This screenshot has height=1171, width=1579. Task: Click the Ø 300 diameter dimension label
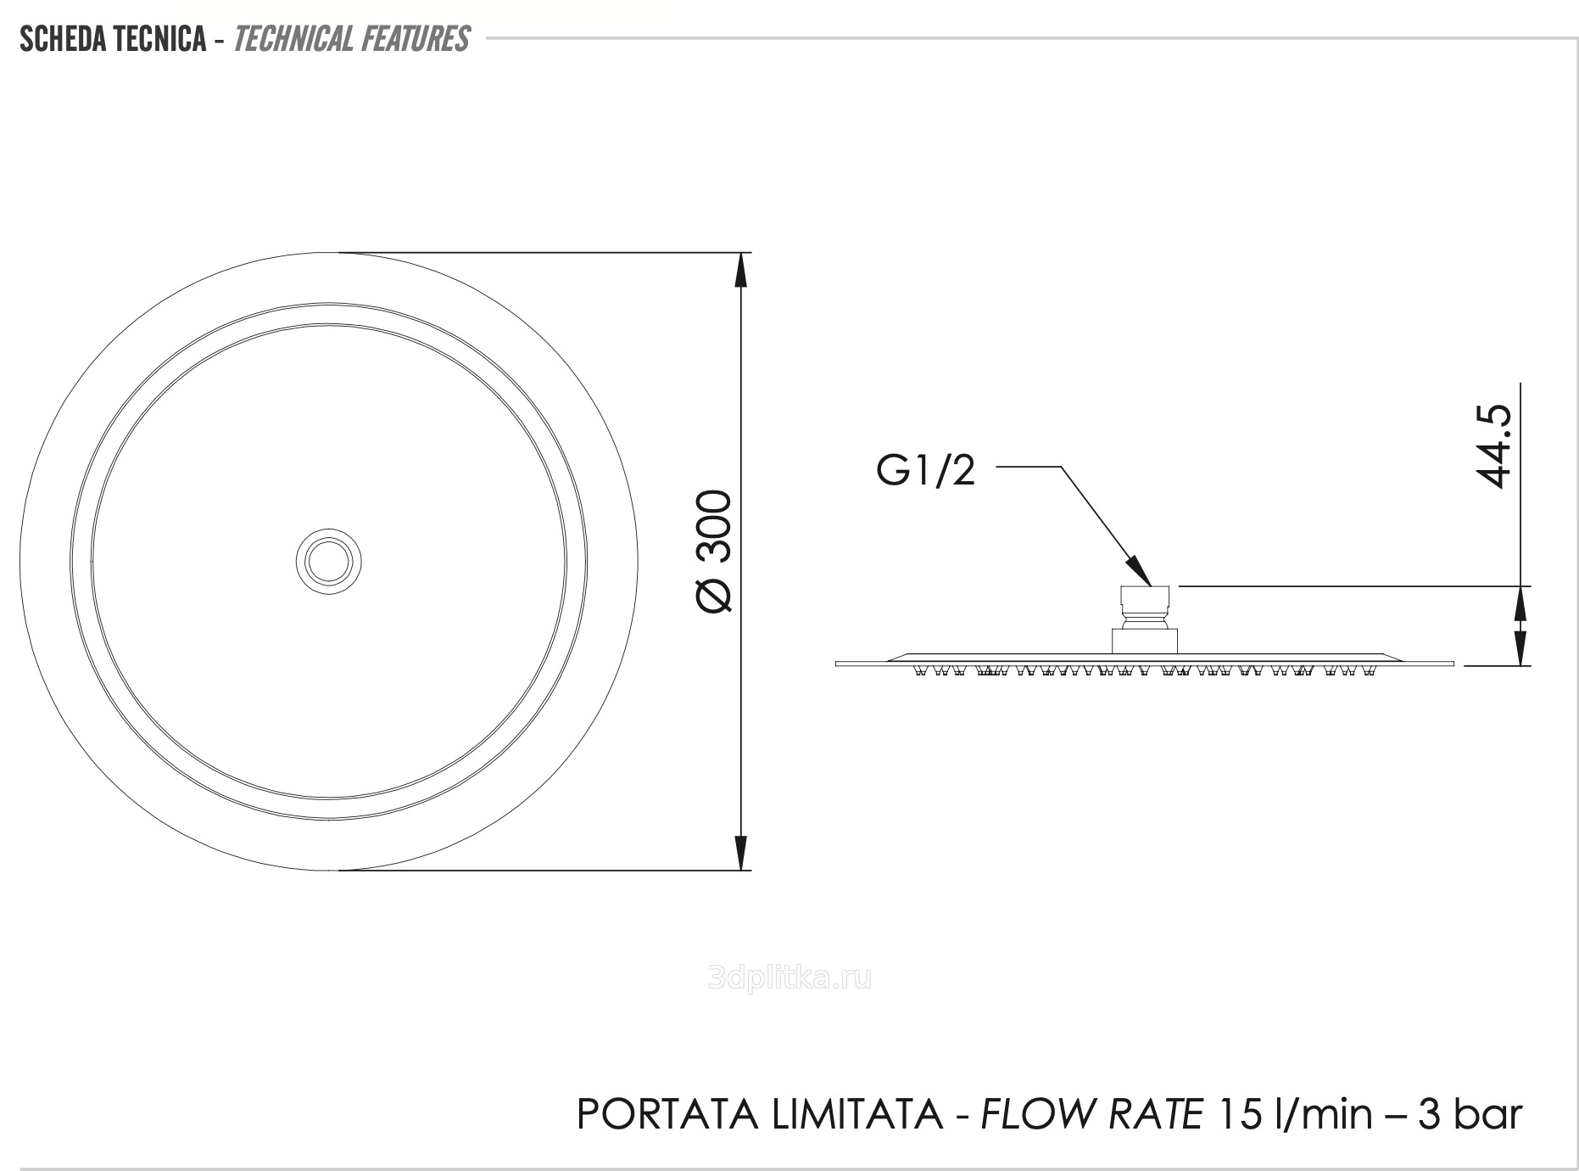713,551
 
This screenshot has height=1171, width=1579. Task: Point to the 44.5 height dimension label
1494,445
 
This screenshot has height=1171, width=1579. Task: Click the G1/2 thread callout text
926,471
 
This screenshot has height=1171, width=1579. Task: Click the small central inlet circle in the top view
328,560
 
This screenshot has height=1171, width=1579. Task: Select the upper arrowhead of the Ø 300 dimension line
740,270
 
